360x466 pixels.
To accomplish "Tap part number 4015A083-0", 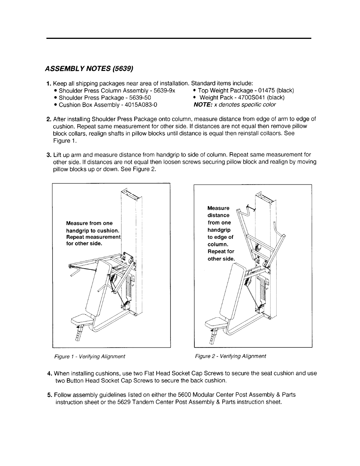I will (x=139, y=105).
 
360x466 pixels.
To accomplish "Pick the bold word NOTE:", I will (x=203, y=105).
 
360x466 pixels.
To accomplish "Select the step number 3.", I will (x=49, y=155).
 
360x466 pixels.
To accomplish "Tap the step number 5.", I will (x=50, y=395).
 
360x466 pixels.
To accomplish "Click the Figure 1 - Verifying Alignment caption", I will (x=90, y=356).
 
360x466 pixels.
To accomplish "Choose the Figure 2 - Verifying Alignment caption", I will (x=230, y=356).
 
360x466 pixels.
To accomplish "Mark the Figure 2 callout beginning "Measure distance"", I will (x=221, y=233).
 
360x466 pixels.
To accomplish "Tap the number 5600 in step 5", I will (x=200, y=395).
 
